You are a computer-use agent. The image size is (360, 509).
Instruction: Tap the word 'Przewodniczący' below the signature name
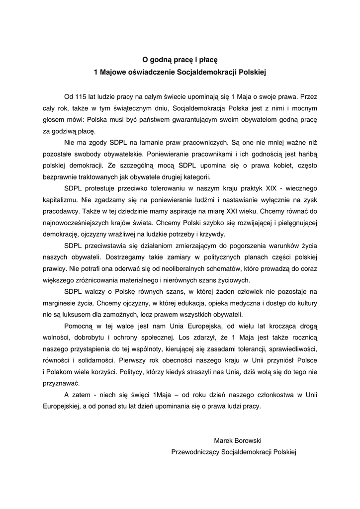195,453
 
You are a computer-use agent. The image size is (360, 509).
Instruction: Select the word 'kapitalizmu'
61,200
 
